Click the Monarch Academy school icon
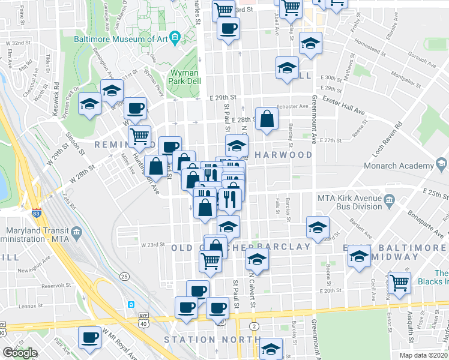click(x=441, y=165)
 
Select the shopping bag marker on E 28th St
click(x=267, y=119)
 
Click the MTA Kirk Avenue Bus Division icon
click(x=390, y=199)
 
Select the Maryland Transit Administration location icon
click(x=76, y=232)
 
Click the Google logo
click(x=20, y=353)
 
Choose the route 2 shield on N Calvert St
click(x=255, y=326)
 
